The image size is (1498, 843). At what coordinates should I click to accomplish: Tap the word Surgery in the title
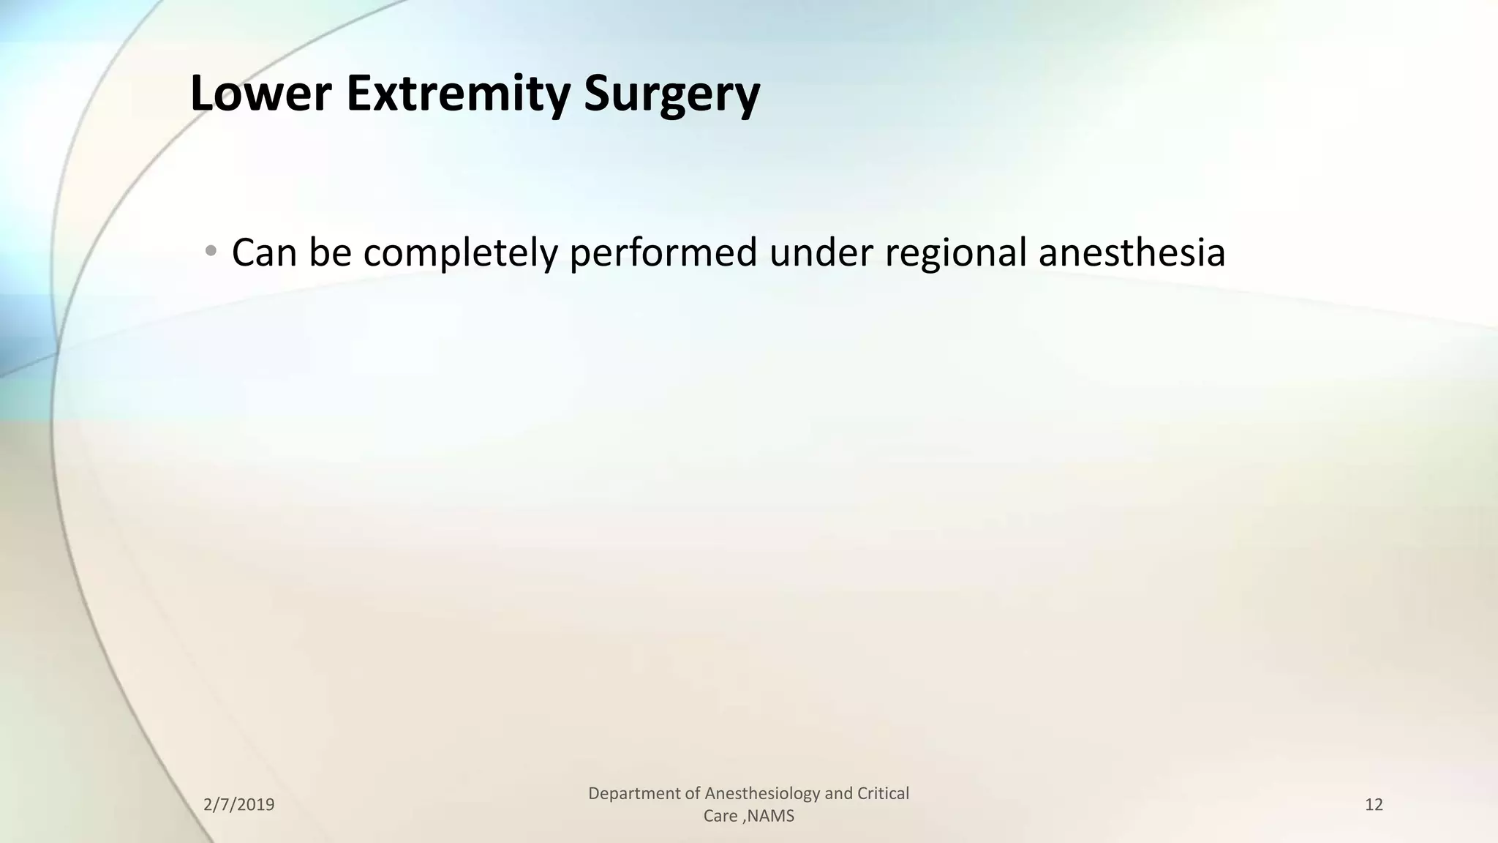pyautogui.click(x=672, y=95)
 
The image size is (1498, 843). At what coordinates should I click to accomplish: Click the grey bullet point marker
pyautogui.click(x=211, y=251)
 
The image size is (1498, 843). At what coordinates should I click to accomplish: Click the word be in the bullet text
pyautogui.click(x=330, y=252)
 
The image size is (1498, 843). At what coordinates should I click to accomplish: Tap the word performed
pyautogui.click(x=663, y=252)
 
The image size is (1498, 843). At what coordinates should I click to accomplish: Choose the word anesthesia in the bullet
pyautogui.click(x=1132, y=252)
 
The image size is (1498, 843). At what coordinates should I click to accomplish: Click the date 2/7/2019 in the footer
pyautogui.click(x=239, y=805)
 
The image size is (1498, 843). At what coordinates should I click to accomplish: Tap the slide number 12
pyautogui.click(x=1374, y=805)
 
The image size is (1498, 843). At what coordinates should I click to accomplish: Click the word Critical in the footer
pyautogui.click(x=884, y=793)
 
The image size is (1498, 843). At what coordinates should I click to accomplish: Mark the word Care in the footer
pyautogui.click(x=720, y=816)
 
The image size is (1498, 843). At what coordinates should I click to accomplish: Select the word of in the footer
pyautogui.click(x=693, y=793)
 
